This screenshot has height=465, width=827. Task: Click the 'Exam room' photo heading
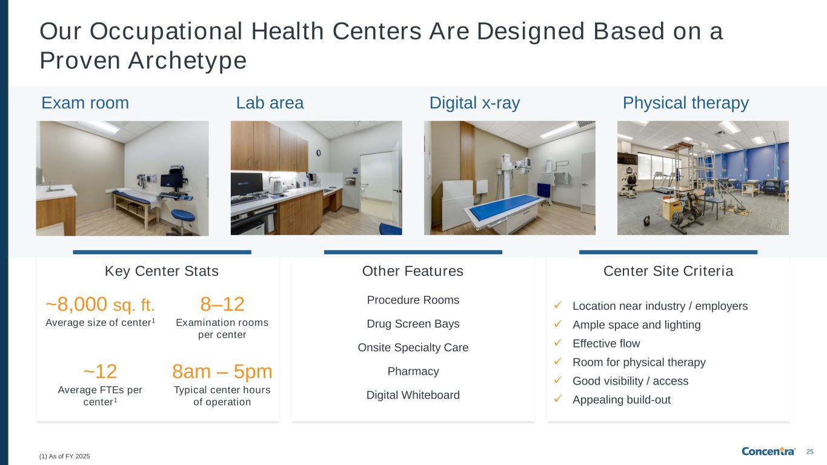pyautogui.click(x=85, y=103)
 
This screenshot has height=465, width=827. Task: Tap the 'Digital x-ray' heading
pyautogui.click(x=474, y=104)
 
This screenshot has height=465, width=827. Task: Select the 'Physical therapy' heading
pyautogui.click(x=686, y=104)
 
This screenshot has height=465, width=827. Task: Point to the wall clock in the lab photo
pyautogui.click(x=319, y=153)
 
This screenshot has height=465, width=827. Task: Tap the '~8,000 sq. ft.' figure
pyautogui.click(x=100, y=305)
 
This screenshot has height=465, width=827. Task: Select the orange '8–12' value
pyautogui.click(x=222, y=305)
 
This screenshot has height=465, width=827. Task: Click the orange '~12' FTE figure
pyautogui.click(x=100, y=372)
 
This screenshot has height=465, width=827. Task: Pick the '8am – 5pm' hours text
pyautogui.click(x=222, y=372)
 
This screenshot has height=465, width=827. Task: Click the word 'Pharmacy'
pyautogui.click(x=413, y=371)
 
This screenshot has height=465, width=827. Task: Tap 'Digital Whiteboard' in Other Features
pyautogui.click(x=413, y=395)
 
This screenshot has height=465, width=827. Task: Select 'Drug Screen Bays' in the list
pyautogui.click(x=413, y=324)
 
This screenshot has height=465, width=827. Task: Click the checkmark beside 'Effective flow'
pyautogui.click(x=558, y=343)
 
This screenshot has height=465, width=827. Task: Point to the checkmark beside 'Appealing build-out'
pyautogui.click(x=558, y=398)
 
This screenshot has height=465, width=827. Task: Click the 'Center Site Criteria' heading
pyautogui.click(x=668, y=271)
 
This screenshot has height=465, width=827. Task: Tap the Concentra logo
pyautogui.click(x=768, y=451)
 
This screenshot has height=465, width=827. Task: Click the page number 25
pyautogui.click(x=810, y=452)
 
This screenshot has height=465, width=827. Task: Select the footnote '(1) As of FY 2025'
pyautogui.click(x=65, y=457)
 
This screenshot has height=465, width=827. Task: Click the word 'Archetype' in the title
pyautogui.click(x=187, y=61)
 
